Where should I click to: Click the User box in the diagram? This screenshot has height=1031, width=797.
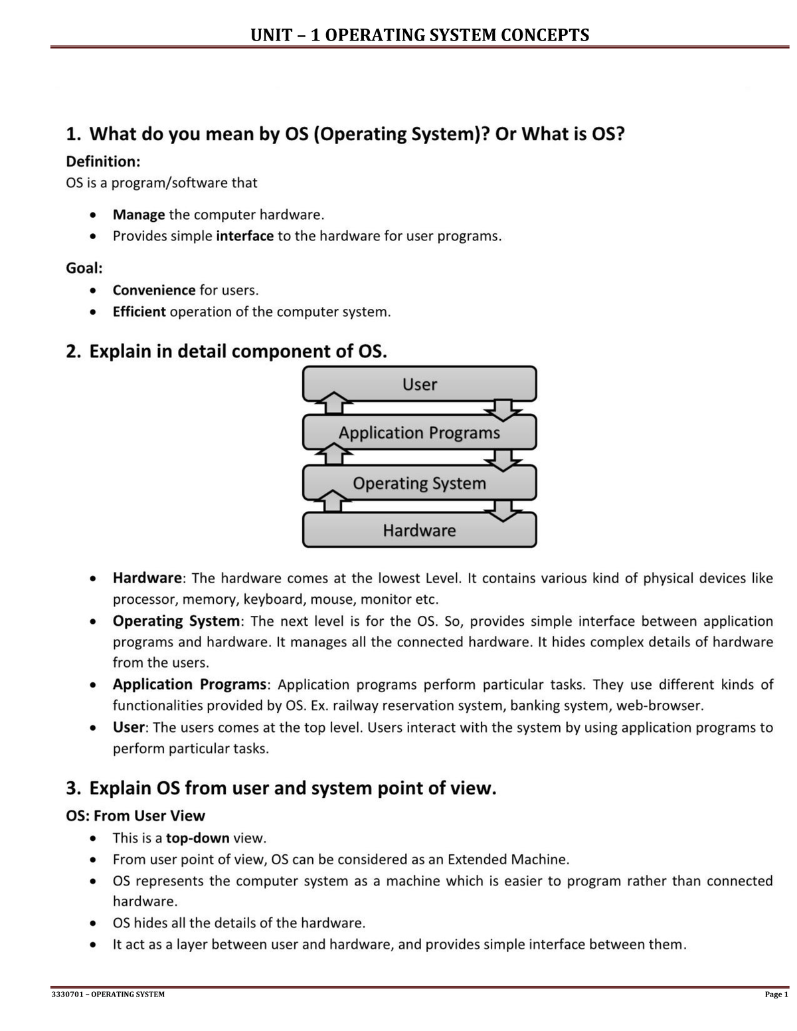point(419,384)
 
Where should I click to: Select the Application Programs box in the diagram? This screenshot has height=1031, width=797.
point(419,433)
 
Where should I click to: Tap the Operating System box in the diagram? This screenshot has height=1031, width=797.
point(419,483)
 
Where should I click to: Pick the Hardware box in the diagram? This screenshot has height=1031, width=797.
point(419,531)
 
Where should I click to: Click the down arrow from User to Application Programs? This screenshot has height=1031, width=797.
point(503,409)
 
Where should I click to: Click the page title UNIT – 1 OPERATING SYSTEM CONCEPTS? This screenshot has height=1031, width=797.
point(419,35)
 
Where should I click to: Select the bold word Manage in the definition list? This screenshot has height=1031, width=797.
point(138,215)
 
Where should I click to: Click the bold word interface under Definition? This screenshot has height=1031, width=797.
point(244,236)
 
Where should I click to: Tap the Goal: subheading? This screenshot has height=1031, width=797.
point(84,268)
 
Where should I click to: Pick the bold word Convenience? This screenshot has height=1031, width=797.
point(153,290)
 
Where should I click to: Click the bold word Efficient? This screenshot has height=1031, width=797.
point(139,312)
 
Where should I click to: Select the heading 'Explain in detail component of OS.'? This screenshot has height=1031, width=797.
point(226,351)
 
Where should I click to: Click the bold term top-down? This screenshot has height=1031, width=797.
point(197,838)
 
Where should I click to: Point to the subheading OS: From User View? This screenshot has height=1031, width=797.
point(135,816)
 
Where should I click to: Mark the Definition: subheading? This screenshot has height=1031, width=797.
point(102,161)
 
